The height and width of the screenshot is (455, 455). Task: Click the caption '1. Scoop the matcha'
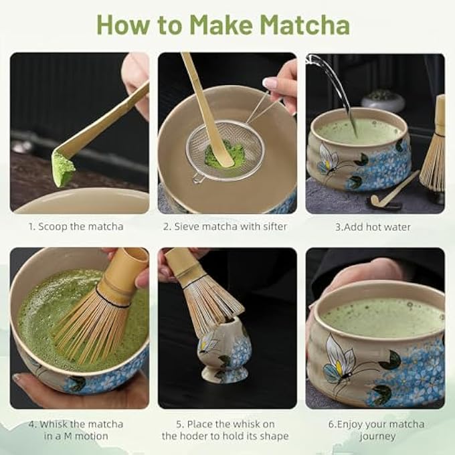pyautogui.click(x=76, y=226)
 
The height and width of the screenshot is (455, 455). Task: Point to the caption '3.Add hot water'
pyautogui.click(x=373, y=226)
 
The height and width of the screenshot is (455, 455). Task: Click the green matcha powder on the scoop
pyautogui.click(x=64, y=169)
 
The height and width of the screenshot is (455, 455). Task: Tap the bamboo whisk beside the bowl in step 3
pyautogui.click(x=434, y=151)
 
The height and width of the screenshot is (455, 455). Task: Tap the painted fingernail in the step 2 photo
pyautogui.click(x=270, y=83)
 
